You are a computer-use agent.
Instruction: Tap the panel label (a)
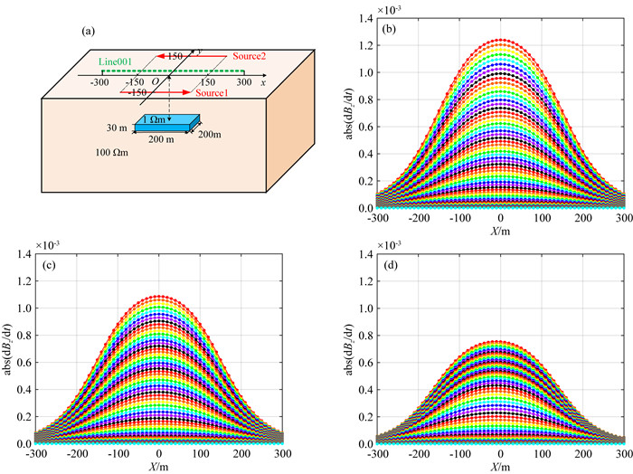point(88,33)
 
